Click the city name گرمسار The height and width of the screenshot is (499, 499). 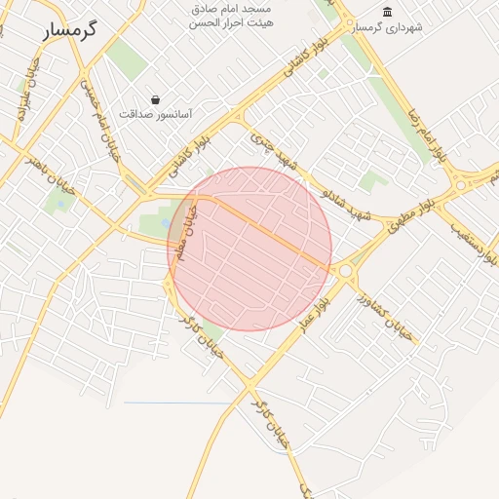pos(71,29)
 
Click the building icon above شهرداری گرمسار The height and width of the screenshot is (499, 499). pos(388,12)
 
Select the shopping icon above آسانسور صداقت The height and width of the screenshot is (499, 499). pos(156,98)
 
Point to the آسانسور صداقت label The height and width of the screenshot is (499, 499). pos(156,114)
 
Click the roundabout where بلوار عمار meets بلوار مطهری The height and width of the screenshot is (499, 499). pos(345,270)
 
